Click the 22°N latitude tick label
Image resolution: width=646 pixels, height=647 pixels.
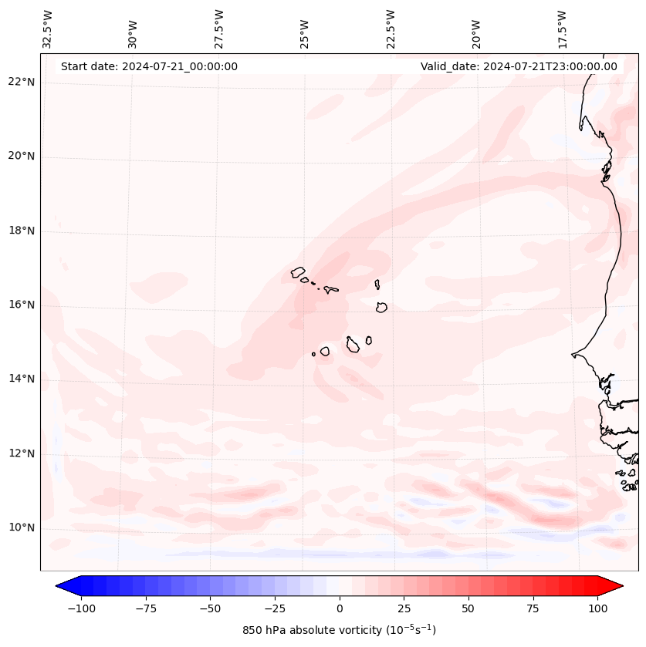[22, 82]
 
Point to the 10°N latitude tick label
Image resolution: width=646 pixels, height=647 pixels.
[22, 527]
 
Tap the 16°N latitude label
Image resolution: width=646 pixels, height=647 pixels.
[22, 305]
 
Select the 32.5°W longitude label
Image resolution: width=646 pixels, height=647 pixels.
[47, 29]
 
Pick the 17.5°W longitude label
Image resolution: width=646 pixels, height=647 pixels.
[562, 29]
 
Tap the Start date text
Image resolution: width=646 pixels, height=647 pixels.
[149, 66]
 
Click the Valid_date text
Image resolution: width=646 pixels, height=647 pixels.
[519, 66]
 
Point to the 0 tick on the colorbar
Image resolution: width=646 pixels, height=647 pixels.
[340, 608]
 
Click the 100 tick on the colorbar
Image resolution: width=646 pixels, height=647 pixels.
[597, 608]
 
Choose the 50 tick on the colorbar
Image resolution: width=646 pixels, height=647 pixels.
[468, 608]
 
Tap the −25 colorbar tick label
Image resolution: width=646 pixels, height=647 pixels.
[275, 608]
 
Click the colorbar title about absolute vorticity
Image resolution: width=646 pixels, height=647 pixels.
[340, 630]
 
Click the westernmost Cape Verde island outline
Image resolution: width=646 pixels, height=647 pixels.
[298, 271]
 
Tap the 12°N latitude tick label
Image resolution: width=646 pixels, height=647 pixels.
[22, 453]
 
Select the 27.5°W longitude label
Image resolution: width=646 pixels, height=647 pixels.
[219, 29]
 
